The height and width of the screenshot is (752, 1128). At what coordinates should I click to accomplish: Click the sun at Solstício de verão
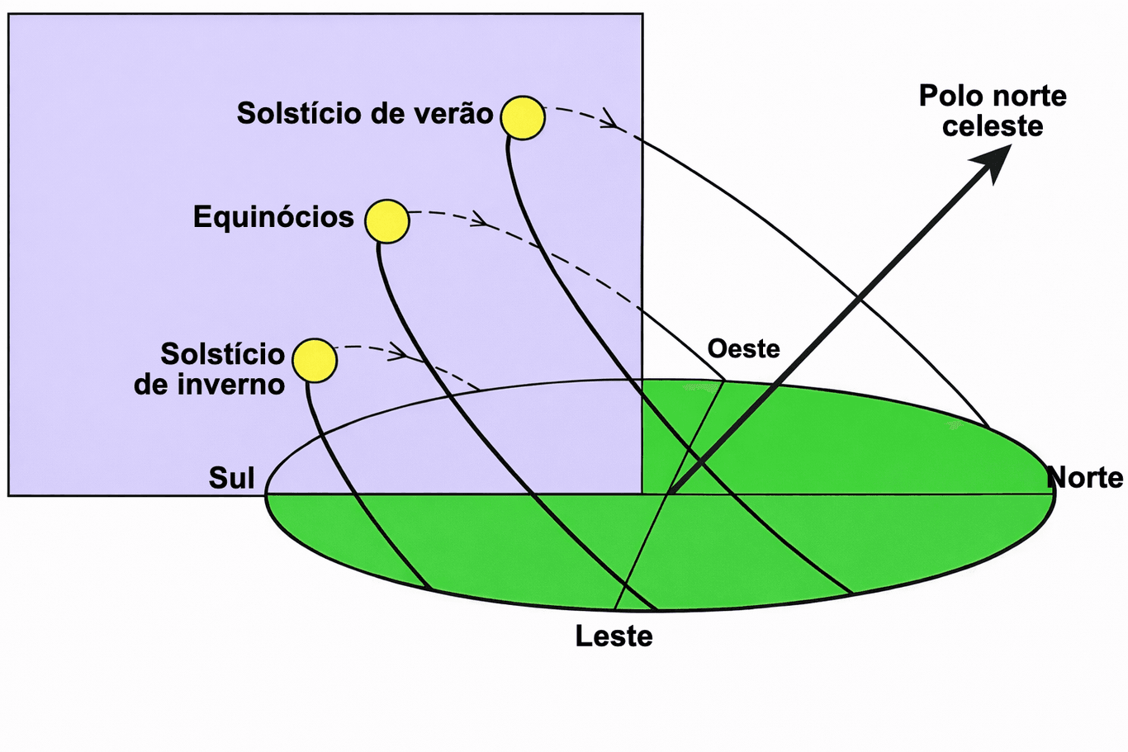[x=523, y=118]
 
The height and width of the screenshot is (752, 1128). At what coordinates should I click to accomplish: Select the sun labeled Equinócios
[x=386, y=221]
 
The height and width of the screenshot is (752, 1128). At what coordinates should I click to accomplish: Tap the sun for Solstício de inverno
[x=315, y=361]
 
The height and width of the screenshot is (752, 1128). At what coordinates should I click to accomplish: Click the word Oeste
[x=743, y=349]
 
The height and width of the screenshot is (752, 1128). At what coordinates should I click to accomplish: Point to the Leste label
[x=614, y=636]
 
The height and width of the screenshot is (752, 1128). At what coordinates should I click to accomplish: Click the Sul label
[x=232, y=478]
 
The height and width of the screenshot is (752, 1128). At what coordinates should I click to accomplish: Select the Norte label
[x=1085, y=478]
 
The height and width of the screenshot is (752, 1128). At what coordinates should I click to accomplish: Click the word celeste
[x=993, y=125]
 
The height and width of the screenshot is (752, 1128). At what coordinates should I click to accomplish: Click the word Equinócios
[x=273, y=217]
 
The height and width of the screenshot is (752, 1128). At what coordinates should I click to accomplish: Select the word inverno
[x=231, y=385]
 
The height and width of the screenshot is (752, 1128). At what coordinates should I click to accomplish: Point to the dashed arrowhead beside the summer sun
[x=611, y=119]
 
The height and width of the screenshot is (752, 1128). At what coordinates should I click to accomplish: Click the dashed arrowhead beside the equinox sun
[x=481, y=220]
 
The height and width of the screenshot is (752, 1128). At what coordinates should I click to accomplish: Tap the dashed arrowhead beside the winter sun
[x=399, y=352]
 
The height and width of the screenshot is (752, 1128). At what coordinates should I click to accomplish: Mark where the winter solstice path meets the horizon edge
[x=429, y=588]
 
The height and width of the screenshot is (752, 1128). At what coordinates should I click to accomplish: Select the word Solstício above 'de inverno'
[x=223, y=354]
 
